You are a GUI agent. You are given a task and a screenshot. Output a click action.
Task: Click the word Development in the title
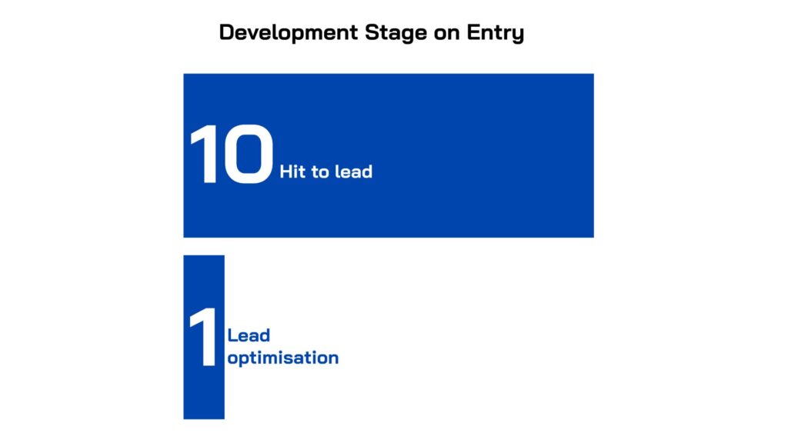pos(289,33)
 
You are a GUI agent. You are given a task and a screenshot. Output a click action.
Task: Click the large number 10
pos(232,154)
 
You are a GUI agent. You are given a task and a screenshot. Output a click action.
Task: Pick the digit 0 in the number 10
pos(249,154)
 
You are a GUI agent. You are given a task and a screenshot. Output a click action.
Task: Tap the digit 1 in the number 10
pos(204,154)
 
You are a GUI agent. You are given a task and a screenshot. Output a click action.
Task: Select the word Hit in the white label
pos(292,172)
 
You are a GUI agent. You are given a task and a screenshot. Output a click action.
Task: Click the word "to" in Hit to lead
pos(320,172)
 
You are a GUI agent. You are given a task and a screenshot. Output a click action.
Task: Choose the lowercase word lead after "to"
pos(354,172)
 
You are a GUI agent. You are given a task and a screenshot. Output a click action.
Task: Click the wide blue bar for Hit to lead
pos(389,155)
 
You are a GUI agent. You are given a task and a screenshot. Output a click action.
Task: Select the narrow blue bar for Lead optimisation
pos(204,337)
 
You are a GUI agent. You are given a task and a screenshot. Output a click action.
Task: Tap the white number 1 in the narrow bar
pos(203,337)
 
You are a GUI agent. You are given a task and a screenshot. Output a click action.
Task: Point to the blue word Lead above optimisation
pos(249,335)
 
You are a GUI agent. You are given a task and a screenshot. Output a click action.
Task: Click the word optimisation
pos(283,358)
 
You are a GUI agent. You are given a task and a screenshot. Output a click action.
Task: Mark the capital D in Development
pos(227,32)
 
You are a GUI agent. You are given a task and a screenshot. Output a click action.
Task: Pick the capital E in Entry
pos(474,32)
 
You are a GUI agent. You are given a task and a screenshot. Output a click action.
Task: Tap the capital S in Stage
pos(372,32)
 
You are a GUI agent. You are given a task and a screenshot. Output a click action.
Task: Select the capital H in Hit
pos(285,172)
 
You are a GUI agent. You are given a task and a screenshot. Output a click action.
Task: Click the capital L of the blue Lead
pos(232,335)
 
